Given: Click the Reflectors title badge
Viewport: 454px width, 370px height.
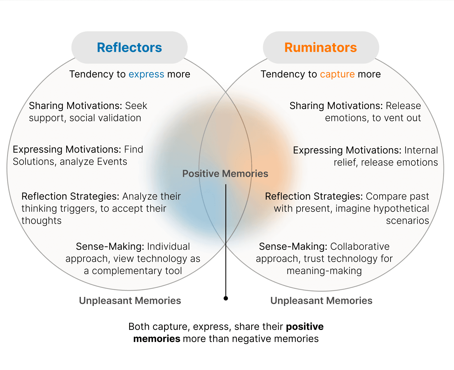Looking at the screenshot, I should pos(129,48).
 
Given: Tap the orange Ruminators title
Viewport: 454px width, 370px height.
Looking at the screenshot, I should pos(321,48).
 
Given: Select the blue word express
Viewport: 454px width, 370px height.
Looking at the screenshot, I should pos(146,74).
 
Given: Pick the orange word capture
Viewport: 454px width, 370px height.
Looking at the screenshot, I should pos(337,74).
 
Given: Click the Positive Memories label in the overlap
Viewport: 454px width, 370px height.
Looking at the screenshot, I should pos(225,174).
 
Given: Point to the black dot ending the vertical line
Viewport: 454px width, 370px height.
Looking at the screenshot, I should pos(226,298).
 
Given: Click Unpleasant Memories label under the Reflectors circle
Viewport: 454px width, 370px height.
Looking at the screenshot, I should pos(130,300).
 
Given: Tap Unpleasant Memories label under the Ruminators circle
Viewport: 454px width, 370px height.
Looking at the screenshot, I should pos(321,300).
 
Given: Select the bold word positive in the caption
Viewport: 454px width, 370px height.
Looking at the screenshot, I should pos(305,327).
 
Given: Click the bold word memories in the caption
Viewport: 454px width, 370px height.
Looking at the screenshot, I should pos(156,339).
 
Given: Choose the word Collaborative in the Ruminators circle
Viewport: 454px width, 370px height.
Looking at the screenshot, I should pos(360,246).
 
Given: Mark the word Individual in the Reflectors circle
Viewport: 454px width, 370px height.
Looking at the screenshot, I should pos(168,246).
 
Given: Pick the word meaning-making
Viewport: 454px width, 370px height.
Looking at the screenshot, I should pos(324,271).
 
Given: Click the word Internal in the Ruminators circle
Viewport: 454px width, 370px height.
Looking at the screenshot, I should pos(421,150).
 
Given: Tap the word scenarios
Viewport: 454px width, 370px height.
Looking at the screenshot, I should pos(407,221).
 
